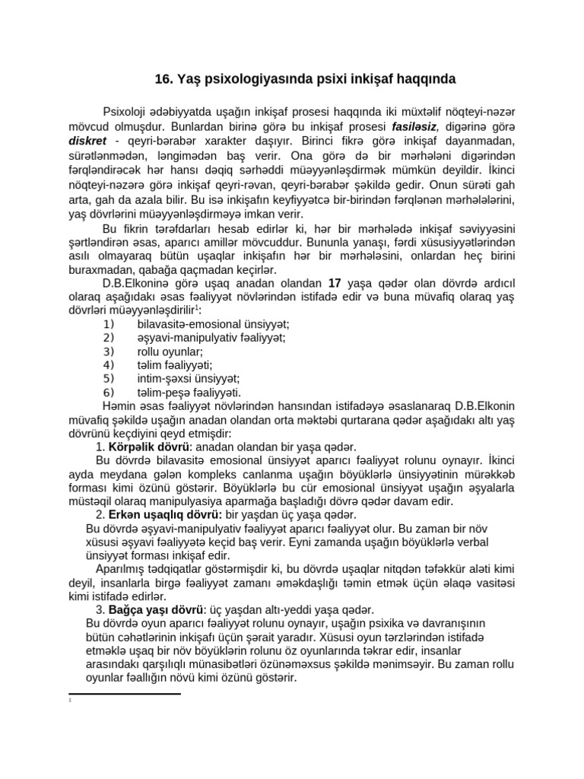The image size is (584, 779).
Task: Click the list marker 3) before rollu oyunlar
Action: [x=108, y=351]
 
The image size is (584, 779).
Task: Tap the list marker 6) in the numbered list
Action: [x=108, y=393]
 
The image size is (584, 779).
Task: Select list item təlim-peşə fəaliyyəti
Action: [x=189, y=393]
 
